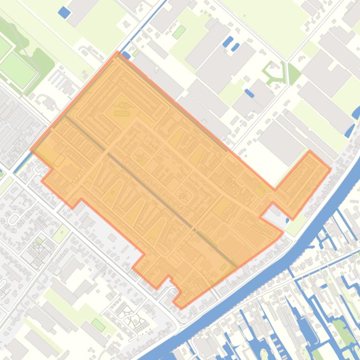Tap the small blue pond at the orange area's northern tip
coord(126,56)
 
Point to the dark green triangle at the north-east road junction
coord(293,74)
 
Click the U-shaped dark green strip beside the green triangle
coord(274,72)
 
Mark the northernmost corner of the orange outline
coord(118,52)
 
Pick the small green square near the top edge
coord(179,32)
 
